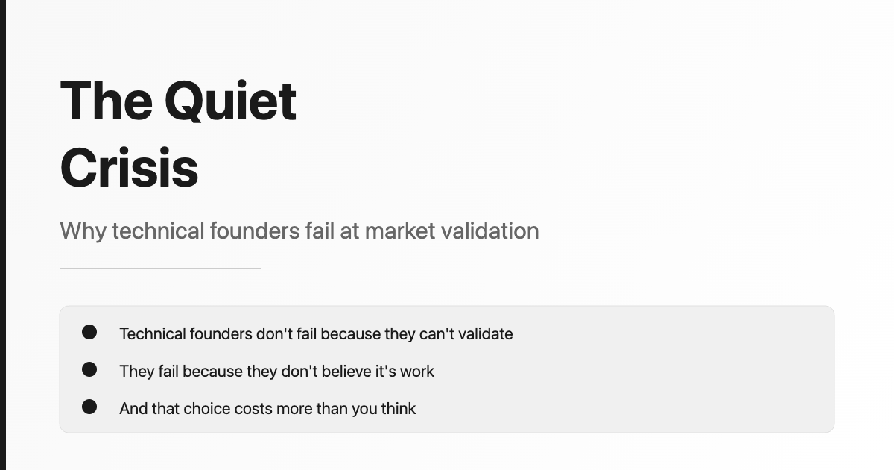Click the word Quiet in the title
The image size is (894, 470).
point(230,101)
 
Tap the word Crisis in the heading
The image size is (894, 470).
point(129,168)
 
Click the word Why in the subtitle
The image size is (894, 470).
point(83,231)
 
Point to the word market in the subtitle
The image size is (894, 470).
point(400,231)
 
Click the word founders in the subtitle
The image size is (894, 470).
point(255,231)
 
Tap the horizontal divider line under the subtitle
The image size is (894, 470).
point(160,269)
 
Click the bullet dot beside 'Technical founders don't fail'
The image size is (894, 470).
point(89,332)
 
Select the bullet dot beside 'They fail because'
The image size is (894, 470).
point(89,369)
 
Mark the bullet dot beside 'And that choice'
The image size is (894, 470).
point(89,407)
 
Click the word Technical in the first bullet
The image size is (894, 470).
point(152,333)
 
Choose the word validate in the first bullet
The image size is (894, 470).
point(485,333)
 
